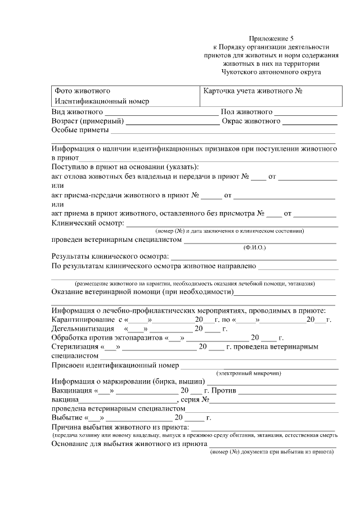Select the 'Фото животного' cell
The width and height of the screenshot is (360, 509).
coord(82,91)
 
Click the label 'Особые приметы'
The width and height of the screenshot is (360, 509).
coord(79,131)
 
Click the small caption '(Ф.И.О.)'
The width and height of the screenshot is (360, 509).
coord(254,247)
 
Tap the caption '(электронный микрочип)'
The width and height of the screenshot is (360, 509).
coord(249,373)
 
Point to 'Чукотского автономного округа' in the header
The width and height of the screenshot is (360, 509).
coord(272,72)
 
